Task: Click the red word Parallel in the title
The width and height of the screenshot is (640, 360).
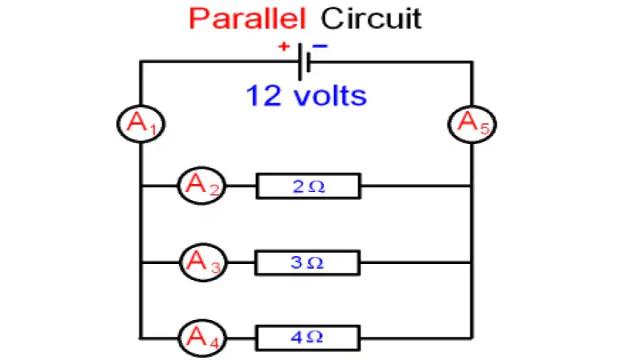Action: point(247,19)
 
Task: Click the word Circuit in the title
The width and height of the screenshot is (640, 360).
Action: point(371,19)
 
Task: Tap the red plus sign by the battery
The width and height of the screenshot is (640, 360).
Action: point(284,47)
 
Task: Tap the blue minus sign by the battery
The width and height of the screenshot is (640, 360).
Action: point(320,46)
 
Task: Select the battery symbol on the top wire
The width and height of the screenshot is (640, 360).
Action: point(305,62)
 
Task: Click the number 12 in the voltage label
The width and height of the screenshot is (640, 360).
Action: point(264,95)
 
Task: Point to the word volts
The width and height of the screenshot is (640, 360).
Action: point(330,95)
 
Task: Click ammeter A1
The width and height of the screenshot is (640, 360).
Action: point(141,124)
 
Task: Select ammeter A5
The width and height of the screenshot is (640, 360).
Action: point(472,124)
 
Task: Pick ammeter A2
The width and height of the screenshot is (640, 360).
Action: point(201,186)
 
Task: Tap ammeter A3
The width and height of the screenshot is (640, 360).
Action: point(203,263)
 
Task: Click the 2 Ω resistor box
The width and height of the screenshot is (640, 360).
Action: point(308,186)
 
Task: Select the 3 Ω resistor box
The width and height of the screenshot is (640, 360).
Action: point(307,263)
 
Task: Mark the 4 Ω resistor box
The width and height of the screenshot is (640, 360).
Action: point(308,338)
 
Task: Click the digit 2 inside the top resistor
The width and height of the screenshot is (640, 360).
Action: point(299,187)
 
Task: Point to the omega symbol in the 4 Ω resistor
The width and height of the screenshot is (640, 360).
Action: point(315,337)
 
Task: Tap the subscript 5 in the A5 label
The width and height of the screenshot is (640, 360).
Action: point(485,129)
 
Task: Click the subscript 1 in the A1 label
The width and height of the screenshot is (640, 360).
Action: point(153,129)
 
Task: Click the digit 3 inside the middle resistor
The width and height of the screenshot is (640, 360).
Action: point(296,263)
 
